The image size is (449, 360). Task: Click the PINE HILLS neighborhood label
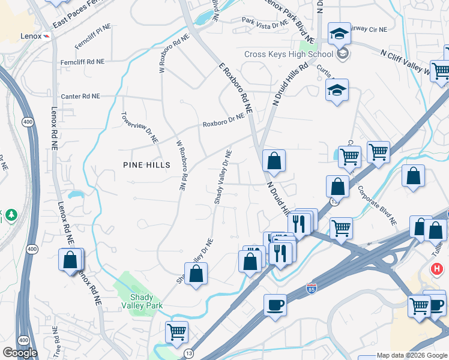[x=146, y=165]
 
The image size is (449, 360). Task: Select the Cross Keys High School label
[x=289, y=54]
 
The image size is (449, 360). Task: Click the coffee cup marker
[x=275, y=304]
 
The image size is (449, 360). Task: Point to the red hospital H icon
[x=438, y=268]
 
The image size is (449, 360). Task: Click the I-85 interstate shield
[x=311, y=289]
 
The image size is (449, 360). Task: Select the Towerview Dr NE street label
[x=139, y=128]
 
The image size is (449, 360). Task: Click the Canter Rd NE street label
[x=80, y=96]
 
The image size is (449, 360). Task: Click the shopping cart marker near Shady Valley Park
[x=176, y=331]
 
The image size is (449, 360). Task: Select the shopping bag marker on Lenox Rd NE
[x=70, y=259]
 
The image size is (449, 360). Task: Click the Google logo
[x=20, y=352]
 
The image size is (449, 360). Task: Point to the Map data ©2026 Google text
[x=412, y=356]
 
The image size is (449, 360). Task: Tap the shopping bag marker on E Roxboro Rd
[x=274, y=160]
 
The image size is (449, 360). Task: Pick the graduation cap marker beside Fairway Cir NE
[x=339, y=32]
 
